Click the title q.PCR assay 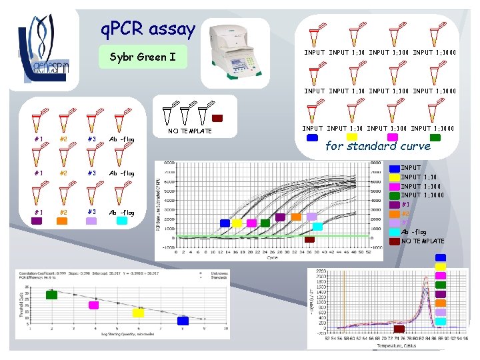tap(147, 29)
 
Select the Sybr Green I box tap(142, 57)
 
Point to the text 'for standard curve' tap(378, 146)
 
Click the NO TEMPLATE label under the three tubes tap(190, 131)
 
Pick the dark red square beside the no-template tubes tap(217, 119)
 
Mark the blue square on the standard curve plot tap(183, 321)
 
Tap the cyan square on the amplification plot tap(318, 226)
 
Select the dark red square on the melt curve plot tap(399, 328)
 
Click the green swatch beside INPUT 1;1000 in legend tap(395, 195)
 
